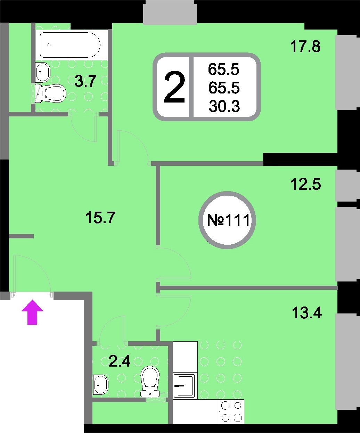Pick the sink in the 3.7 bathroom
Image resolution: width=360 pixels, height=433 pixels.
tap(43, 72)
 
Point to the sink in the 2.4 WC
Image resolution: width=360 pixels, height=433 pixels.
tap(101, 385)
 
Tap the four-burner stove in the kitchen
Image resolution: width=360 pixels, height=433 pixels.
tap(231, 411)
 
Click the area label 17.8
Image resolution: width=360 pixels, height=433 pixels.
tap(305, 47)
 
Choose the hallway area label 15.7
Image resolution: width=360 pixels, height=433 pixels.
tap(100, 218)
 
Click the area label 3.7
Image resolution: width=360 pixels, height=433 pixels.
tap(85, 82)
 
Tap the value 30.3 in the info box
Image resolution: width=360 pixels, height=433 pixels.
tap(224, 106)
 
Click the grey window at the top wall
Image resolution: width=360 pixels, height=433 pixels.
tap(170, 12)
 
